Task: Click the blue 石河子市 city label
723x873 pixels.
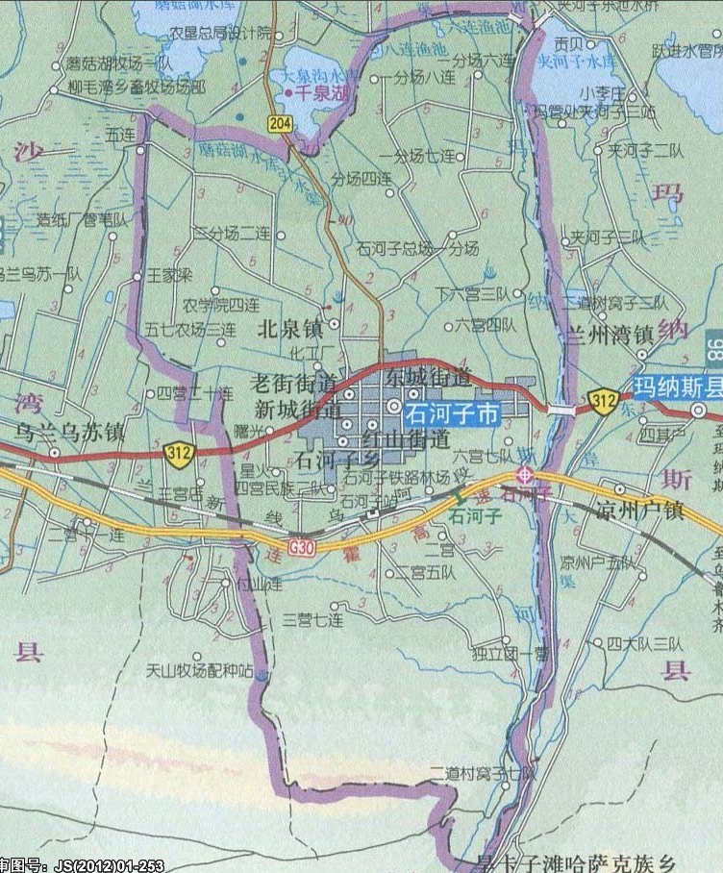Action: [x=452, y=414]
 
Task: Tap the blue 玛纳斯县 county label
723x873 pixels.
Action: [x=677, y=387]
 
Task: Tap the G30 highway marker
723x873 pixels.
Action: [x=301, y=544]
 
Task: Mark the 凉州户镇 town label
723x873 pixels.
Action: [x=639, y=509]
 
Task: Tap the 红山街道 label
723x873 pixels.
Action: [x=407, y=440]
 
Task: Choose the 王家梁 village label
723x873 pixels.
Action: [x=170, y=274]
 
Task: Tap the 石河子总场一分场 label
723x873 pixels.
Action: [x=417, y=248]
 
